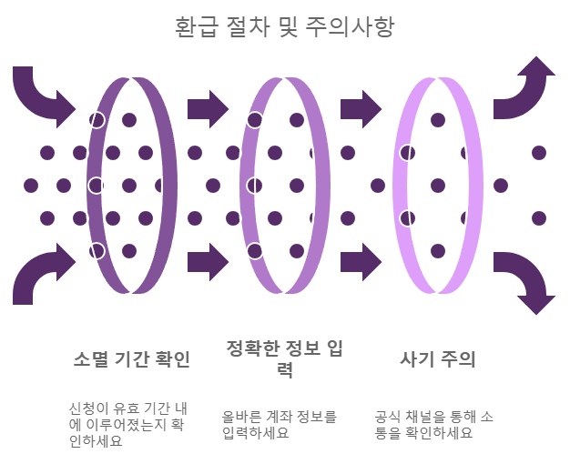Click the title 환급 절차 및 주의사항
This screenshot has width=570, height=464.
coord(284,26)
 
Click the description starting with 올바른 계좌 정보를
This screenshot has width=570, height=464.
coord(280,425)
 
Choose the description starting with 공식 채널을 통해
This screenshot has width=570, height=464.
coord(435,425)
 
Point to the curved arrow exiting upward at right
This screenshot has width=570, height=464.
coord(526,89)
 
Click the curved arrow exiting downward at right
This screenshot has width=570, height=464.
coord(526,282)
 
